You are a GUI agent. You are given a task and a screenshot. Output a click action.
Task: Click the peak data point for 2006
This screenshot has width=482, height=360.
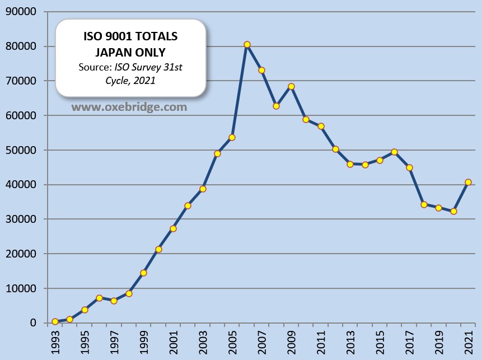point(247,45)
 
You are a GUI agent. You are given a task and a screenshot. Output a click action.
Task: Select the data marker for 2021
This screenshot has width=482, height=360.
point(468,182)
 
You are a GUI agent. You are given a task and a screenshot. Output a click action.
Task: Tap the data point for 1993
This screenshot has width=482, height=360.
point(55,321)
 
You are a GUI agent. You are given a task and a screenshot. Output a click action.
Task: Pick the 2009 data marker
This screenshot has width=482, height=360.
point(291,86)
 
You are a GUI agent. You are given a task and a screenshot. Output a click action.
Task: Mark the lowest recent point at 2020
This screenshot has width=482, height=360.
point(453,212)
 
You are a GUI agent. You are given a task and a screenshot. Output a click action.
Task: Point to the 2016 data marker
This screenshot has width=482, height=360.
point(394,152)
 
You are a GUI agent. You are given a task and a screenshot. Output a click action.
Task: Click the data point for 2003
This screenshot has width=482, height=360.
point(203,189)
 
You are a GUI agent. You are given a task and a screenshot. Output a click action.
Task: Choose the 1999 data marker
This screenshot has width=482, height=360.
point(143,273)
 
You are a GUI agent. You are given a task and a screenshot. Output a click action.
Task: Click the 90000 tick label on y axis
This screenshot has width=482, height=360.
point(20,12)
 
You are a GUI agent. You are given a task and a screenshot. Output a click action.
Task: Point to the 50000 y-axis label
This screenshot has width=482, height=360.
point(20,150)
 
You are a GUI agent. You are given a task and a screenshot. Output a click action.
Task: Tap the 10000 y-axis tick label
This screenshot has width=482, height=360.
point(20,288)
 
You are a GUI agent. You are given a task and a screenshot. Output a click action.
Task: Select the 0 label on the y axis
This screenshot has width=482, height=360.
point(33,323)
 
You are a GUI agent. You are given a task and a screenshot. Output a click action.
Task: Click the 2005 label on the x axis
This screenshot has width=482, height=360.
point(232,342)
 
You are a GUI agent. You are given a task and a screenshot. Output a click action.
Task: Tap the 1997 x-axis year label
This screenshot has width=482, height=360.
point(114,342)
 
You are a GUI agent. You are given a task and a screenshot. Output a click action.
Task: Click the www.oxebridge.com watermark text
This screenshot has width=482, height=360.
point(129,106)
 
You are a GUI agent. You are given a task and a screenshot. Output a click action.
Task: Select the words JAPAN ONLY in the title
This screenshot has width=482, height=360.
point(130,52)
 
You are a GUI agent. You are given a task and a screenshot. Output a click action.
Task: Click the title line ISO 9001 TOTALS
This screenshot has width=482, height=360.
point(130,38)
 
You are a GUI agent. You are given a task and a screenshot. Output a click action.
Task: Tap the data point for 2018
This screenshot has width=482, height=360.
point(424,204)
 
